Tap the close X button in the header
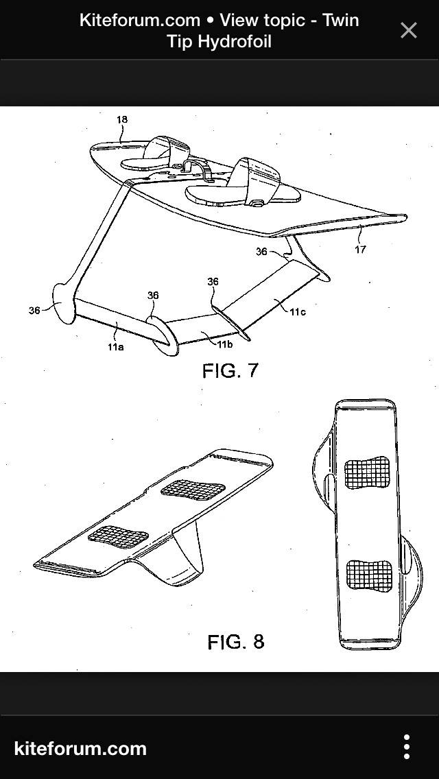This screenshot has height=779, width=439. point(408,30)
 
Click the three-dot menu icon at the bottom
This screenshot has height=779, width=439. point(407,747)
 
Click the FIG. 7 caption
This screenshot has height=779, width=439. point(230,371)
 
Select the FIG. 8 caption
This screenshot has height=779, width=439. point(235,642)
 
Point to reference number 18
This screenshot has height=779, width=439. point(122,120)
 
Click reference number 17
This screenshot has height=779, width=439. point(360,249)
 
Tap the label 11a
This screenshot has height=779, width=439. point(115,347)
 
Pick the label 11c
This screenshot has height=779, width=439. point(297,312)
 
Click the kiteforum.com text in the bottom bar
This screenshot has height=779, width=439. point(80,747)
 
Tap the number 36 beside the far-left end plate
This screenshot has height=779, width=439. point(34,311)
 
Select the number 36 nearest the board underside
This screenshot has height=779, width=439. point(261,252)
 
